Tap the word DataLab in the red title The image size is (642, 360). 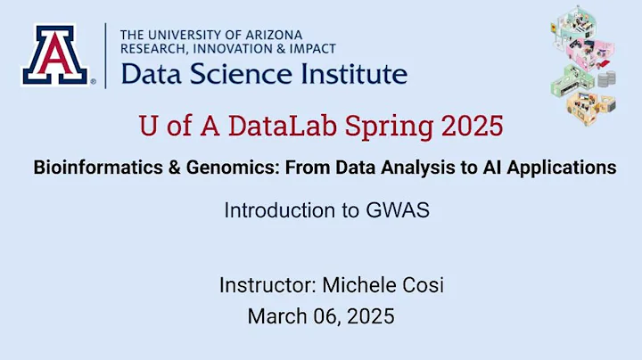coord(287,126)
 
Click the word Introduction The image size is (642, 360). coord(275,211)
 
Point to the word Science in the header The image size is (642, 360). coord(235,74)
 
